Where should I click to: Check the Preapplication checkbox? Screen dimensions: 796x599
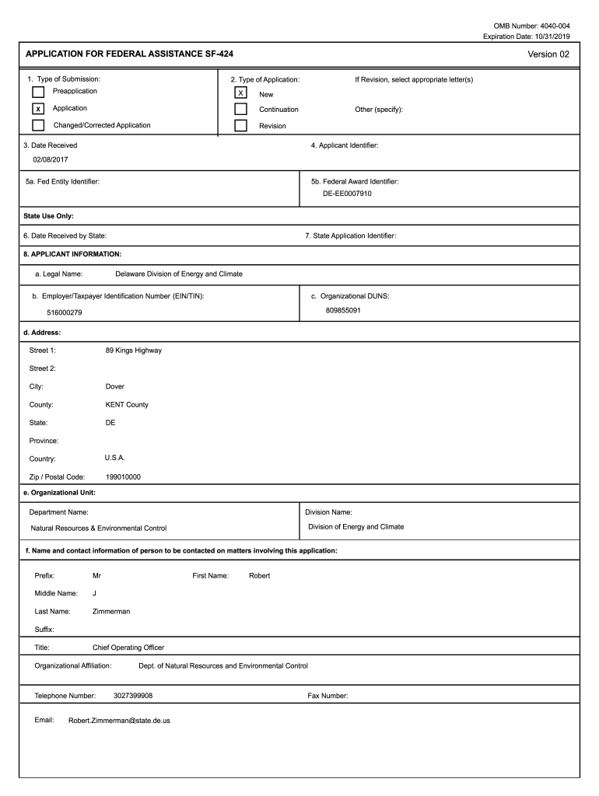pos(38,93)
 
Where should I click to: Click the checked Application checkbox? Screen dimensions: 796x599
pos(38,109)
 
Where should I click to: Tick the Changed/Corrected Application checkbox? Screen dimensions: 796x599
pos(38,125)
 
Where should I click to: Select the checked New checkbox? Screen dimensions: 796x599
pos(240,93)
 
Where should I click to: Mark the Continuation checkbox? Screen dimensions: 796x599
pos(240,110)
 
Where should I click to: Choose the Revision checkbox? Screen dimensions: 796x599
pos(240,126)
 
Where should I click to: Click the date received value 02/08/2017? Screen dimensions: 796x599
pos(50,160)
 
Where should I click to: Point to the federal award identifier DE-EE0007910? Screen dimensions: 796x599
pos(347,194)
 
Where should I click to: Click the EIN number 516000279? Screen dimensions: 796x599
pos(65,312)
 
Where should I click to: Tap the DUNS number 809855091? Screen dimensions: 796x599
pos(343,310)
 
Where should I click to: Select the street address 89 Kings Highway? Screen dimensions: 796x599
pos(134,351)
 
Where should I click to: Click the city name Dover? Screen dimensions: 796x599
pos(115,386)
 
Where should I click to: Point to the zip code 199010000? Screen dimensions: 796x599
pos(123,477)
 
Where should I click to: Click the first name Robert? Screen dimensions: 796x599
pos(260,576)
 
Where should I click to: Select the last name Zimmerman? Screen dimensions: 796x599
pos(111,612)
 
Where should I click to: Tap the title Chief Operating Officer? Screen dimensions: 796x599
pos(128,648)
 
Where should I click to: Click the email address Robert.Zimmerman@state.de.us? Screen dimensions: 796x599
pos(119,721)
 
